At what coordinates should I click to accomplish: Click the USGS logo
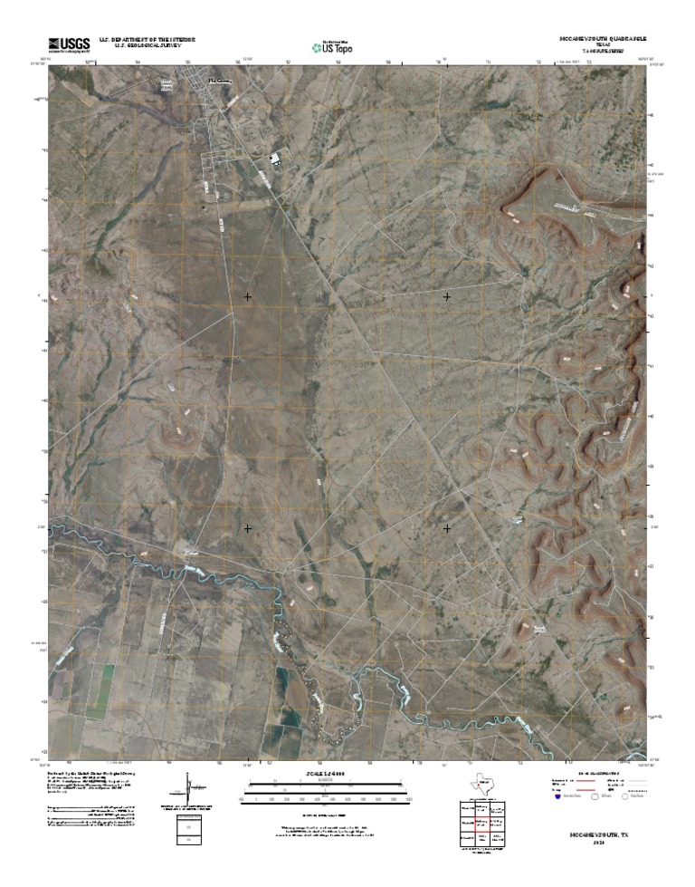coord(68,43)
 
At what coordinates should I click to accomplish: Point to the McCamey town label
coord(221,81)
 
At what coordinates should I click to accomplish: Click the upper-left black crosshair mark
coord(247,296)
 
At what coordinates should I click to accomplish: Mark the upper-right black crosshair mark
coord(447,296)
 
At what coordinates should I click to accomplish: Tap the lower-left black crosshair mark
coord(247,526)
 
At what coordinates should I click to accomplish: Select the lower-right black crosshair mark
coord(447,526)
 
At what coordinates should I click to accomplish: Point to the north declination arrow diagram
coord(188,788)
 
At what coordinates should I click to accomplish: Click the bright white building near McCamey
coord(273,161)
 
